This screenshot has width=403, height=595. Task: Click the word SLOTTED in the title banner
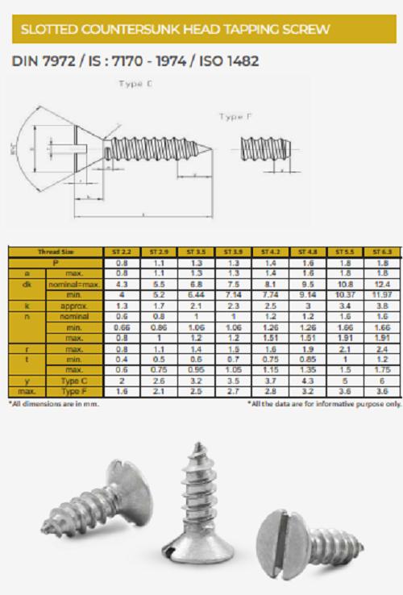tap(51, 30)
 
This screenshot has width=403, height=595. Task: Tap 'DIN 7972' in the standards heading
tap(41, 61)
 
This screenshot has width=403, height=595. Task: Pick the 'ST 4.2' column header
tap(268, 252)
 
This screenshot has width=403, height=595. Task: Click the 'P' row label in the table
tap(55, 262)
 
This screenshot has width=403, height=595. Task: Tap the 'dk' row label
tap(27, 285)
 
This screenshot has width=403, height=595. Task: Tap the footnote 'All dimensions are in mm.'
tap(53, 403)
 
